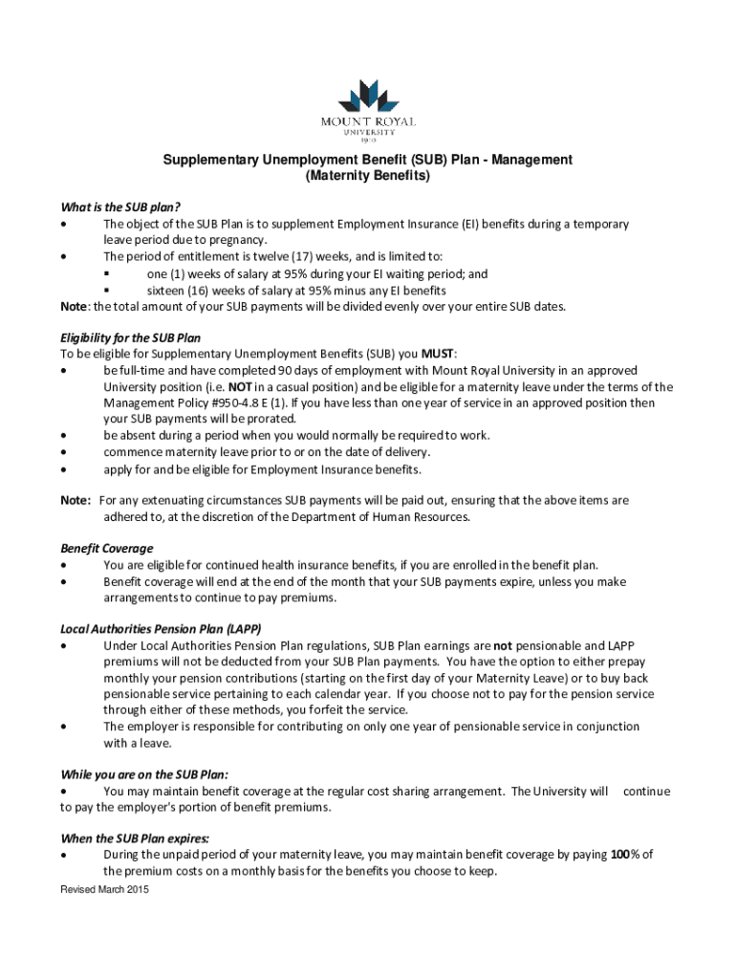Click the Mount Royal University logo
(368, 109)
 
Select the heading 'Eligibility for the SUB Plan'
(130, 337)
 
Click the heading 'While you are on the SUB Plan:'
(144, 774)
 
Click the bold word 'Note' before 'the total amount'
(74, 306)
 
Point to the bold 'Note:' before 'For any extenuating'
(76, 500)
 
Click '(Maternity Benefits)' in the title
(368, 177)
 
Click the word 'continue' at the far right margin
(646, 791)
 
